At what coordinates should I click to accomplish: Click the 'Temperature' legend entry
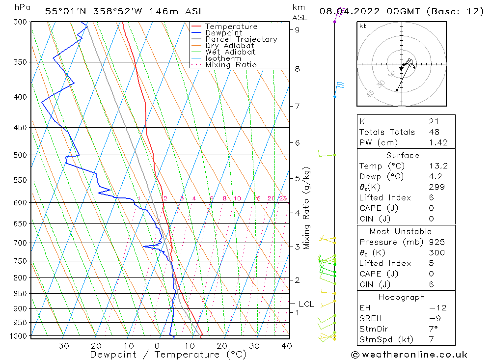point(231,27)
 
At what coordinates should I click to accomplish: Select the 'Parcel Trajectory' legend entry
point(241,39)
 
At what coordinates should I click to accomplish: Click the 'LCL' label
point(306,305)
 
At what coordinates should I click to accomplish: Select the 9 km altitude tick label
point(297,29)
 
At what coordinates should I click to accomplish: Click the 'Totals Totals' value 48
point(434,132)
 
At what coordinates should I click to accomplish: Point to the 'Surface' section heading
point(403,155)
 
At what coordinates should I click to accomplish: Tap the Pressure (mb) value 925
point(436,242)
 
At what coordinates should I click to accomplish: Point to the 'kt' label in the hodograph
point(363,26)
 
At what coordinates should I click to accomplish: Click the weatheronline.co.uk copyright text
point(409,355)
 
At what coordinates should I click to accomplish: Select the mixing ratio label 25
point(283,198)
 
